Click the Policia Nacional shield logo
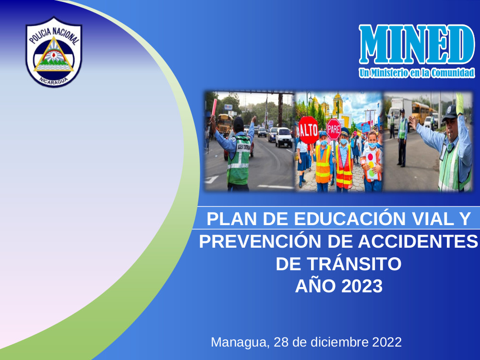pyautogui.click(x=54, y=52)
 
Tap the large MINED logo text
pyautogui.click(x=417, y=44)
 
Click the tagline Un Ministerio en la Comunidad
pyautogui.click(x=417, y=73)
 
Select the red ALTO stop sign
pyautogui.click(x=308, y=130)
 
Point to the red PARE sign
pyautogui.click(x=334, y=129)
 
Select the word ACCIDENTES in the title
pyautogui.click(x=418, y=241)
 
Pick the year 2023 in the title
pyautogui.click(x=361, y=286)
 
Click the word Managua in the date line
pyautogui.click(x=240, y=342)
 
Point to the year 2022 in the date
pyautogui.click(x=386, y=342)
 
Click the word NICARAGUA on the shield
pyautogui.click(x=54, y=81)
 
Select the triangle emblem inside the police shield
pyautogui.click(x=54, y=55)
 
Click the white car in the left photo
pyautogui.click(x=284, y=137)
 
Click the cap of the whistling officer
pyautogui.click(x=450, y=112)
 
